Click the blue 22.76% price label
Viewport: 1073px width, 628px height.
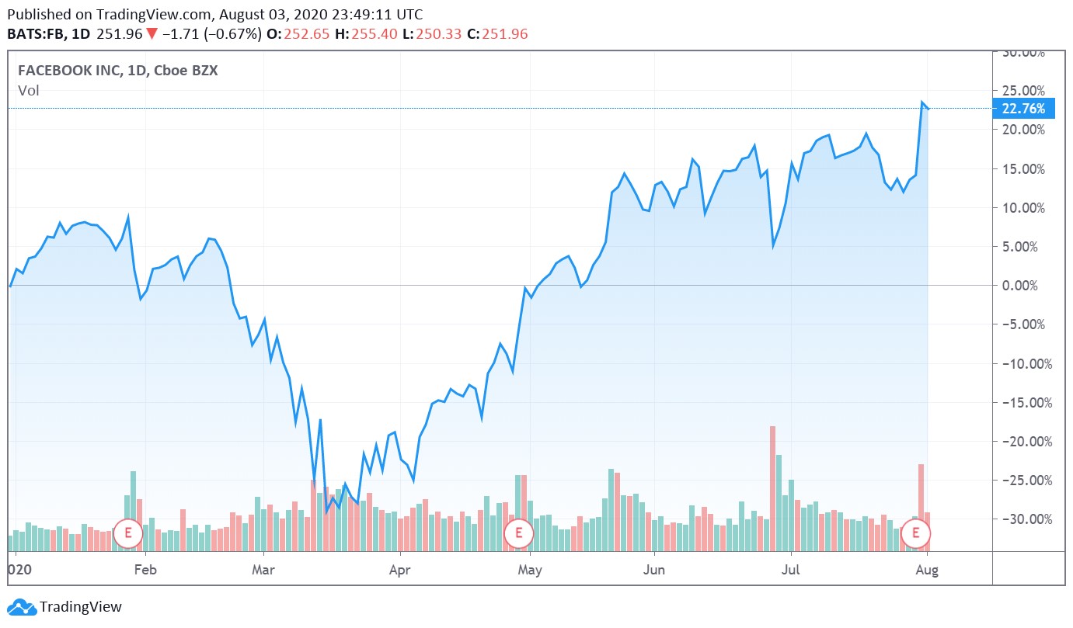1023,109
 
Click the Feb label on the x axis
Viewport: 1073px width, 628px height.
145,570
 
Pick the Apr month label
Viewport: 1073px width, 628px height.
399,570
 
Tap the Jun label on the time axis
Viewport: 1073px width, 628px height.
655,570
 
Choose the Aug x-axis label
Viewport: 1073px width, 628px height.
927,570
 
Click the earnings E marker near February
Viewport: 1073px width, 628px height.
127,533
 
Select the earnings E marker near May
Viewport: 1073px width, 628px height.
518,533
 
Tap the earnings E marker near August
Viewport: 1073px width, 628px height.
916,533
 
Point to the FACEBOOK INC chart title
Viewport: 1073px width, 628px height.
118,70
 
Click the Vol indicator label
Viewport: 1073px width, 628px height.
29,91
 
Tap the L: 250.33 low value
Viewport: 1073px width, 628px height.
441,34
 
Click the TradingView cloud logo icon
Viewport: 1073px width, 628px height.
22,607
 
